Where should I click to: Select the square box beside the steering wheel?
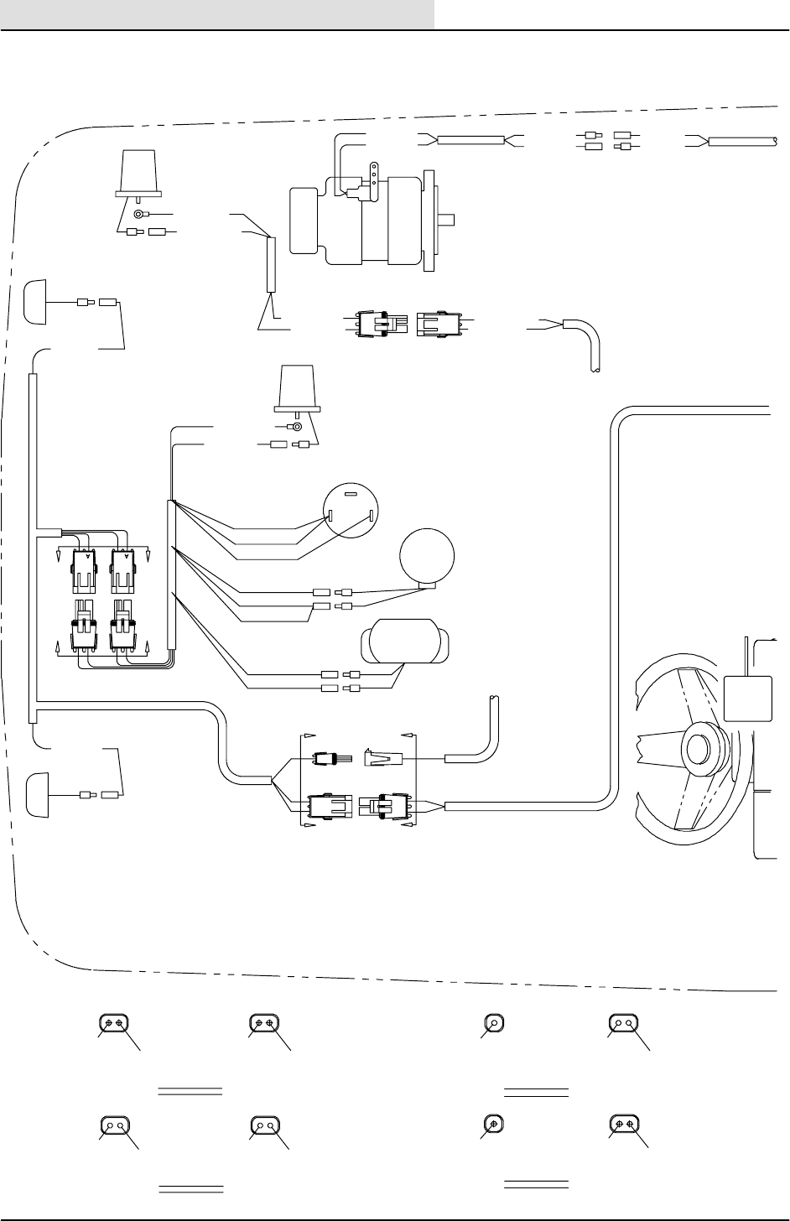pyautogui.click(x=746, y=697)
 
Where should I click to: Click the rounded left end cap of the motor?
pyautogui.click(x=302, y=220)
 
